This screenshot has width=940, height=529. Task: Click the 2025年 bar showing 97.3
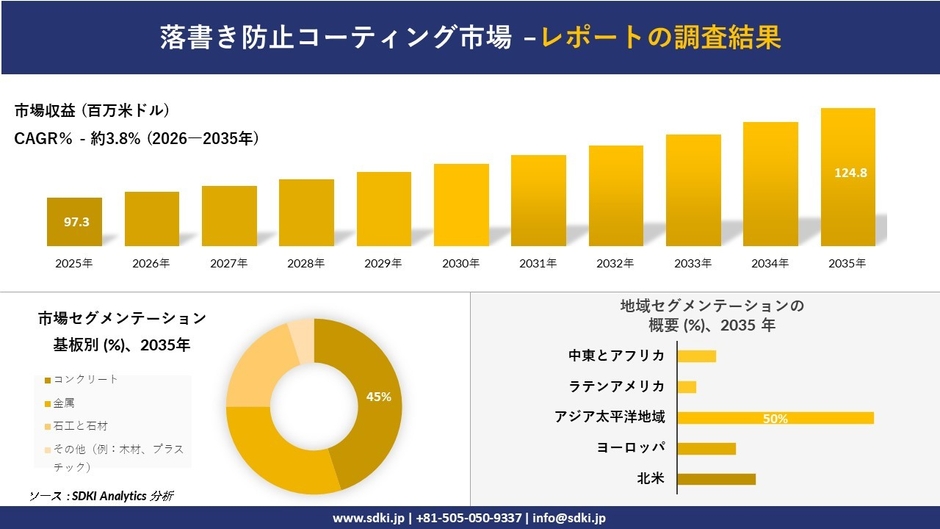[x=74, y=222]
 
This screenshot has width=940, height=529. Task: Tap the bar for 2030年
[x=461, y=205]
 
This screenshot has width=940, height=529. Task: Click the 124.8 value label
[x=850, y=173]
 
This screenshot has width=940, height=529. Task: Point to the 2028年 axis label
[x=306, y=264]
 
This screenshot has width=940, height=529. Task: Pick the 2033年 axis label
[x=693, y=264]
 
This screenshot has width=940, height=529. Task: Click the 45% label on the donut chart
[x=378, y=397]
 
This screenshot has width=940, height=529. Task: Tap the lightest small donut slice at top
[x=301, y=341]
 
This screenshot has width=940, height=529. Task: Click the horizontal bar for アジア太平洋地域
[x=775, y=418]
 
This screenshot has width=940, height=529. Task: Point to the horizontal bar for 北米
[x=716, y=479]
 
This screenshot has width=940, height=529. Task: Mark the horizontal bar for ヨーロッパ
[x=706, y=448]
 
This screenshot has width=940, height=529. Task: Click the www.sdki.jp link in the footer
[x=368, y=518]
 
